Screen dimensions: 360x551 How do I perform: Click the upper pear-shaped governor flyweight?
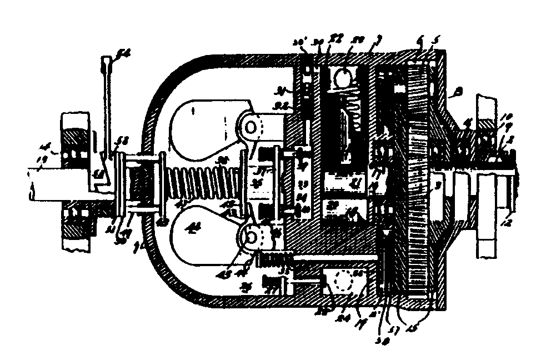point(203,125)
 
